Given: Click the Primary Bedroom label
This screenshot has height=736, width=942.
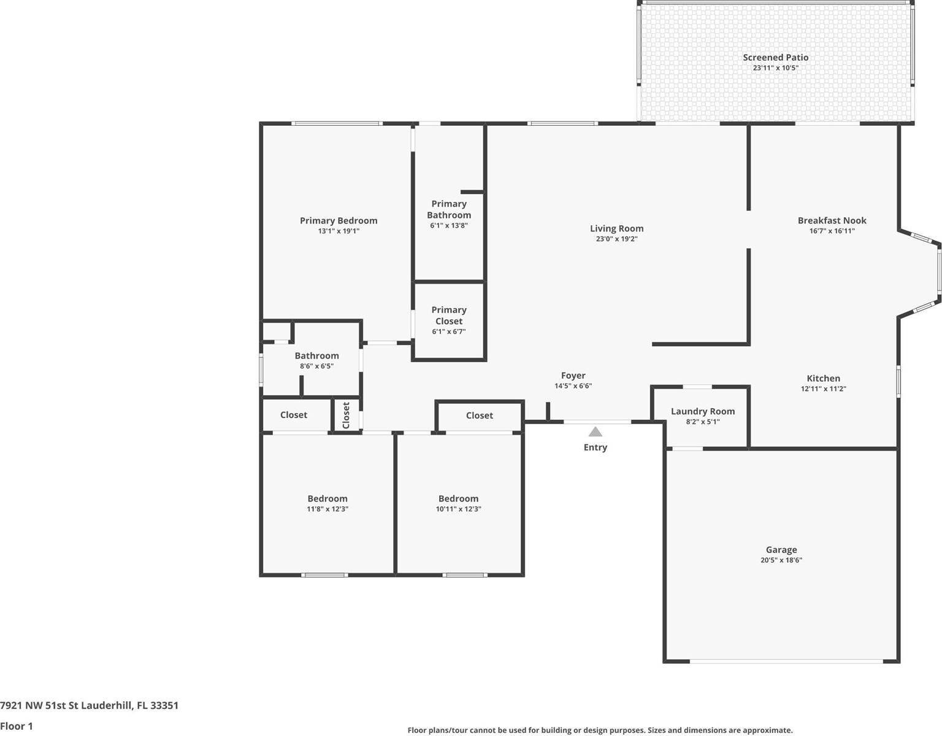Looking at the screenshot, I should pos(339,220).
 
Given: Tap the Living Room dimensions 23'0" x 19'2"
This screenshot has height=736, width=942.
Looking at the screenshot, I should pos(616,239).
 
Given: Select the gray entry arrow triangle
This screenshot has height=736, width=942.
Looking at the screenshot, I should pos(595,432).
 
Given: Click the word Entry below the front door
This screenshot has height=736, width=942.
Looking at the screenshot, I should pos(595,447).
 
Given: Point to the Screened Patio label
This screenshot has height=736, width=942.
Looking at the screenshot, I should pos(775,57).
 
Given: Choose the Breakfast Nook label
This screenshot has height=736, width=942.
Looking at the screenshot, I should pos(832,220).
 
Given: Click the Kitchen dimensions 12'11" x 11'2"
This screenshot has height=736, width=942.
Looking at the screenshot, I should pos(823,389).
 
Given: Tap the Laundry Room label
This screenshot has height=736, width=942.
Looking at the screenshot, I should pos(702,411).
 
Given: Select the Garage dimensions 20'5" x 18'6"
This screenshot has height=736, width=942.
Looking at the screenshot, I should pos(781,560).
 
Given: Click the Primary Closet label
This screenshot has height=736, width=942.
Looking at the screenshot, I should pos(448,316).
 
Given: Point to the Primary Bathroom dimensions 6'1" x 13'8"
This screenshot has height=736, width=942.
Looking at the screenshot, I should pos(448,225).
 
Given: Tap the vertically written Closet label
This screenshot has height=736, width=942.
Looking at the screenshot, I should pos(346,416).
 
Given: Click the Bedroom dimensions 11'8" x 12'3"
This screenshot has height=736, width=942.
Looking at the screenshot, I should pos(327,509).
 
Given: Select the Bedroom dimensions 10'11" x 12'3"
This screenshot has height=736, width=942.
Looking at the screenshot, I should pos(458,509).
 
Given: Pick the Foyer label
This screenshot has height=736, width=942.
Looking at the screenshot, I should pos(573,376).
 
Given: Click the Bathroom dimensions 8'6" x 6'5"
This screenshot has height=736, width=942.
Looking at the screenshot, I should pos(316,366).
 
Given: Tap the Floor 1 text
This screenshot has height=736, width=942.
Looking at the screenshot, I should pos(17,726).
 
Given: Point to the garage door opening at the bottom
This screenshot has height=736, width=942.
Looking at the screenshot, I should pos(786,661).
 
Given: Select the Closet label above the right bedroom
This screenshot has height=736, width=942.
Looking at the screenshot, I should pos(479,416).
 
